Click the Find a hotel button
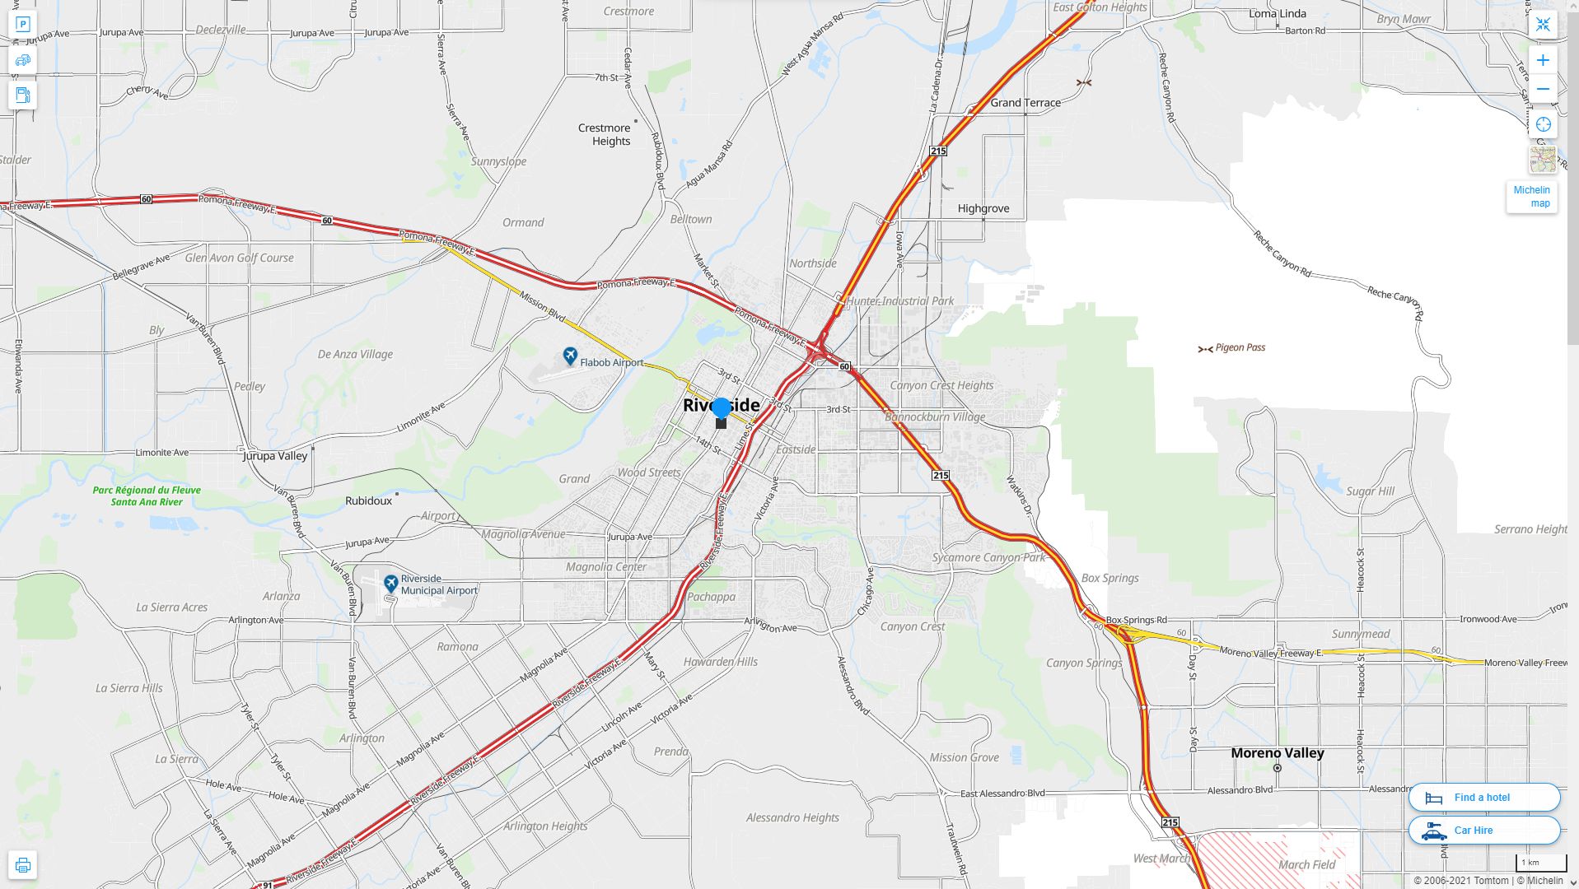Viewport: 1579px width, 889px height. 1483,797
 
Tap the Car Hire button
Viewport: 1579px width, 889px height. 1483,830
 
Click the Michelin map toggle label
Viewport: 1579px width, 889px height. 1531,197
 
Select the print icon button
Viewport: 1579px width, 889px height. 22,865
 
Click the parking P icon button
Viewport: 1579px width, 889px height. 22,25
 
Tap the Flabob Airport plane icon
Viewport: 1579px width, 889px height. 570,356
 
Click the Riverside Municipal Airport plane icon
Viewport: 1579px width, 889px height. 390,584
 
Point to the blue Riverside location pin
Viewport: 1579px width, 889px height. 721,408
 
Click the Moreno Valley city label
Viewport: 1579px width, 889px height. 1278,753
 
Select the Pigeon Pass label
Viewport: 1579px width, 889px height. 1240,347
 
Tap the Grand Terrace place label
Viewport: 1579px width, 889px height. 1025,103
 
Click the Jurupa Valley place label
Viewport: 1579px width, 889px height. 275,455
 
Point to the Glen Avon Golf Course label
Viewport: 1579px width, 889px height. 239,258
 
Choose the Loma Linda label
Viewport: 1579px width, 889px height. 1277,13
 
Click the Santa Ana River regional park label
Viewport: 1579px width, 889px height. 147,496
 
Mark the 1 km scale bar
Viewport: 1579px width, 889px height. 1540,863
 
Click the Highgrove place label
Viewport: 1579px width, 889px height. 983,208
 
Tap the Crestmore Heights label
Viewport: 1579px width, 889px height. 605,134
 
